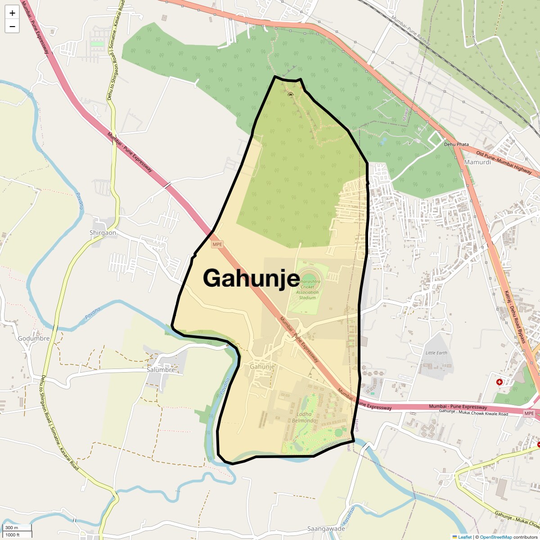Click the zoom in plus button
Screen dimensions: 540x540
click(x=12, y=13)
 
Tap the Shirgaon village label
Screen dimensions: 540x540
click(x=103, y=233)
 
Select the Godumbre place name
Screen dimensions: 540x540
click(x=34, y=338)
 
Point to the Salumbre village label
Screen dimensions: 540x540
click(x=161, y=370)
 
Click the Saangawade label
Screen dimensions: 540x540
click(x=326, y=529)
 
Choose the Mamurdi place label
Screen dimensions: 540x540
click(x=477, y=162)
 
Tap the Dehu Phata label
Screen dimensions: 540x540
click(x=456, y=144)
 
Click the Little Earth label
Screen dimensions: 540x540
click(x=436, y=353)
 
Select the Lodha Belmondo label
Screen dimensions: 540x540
click(x=304, y=417)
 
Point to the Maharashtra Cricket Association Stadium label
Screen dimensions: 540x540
click(x=307, y=289)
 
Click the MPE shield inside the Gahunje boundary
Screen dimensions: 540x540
click(x=217, y=244)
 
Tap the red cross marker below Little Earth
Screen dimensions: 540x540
click(x=499, y=382)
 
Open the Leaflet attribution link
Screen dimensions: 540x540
click(x=465, y=537)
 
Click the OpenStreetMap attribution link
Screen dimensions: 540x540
click(x=495, y=537)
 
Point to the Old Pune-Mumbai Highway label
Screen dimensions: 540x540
click(x=504, y=162)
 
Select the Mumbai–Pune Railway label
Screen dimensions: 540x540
click(x=410, y=31)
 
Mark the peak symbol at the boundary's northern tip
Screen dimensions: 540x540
click(x=290, y=94)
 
